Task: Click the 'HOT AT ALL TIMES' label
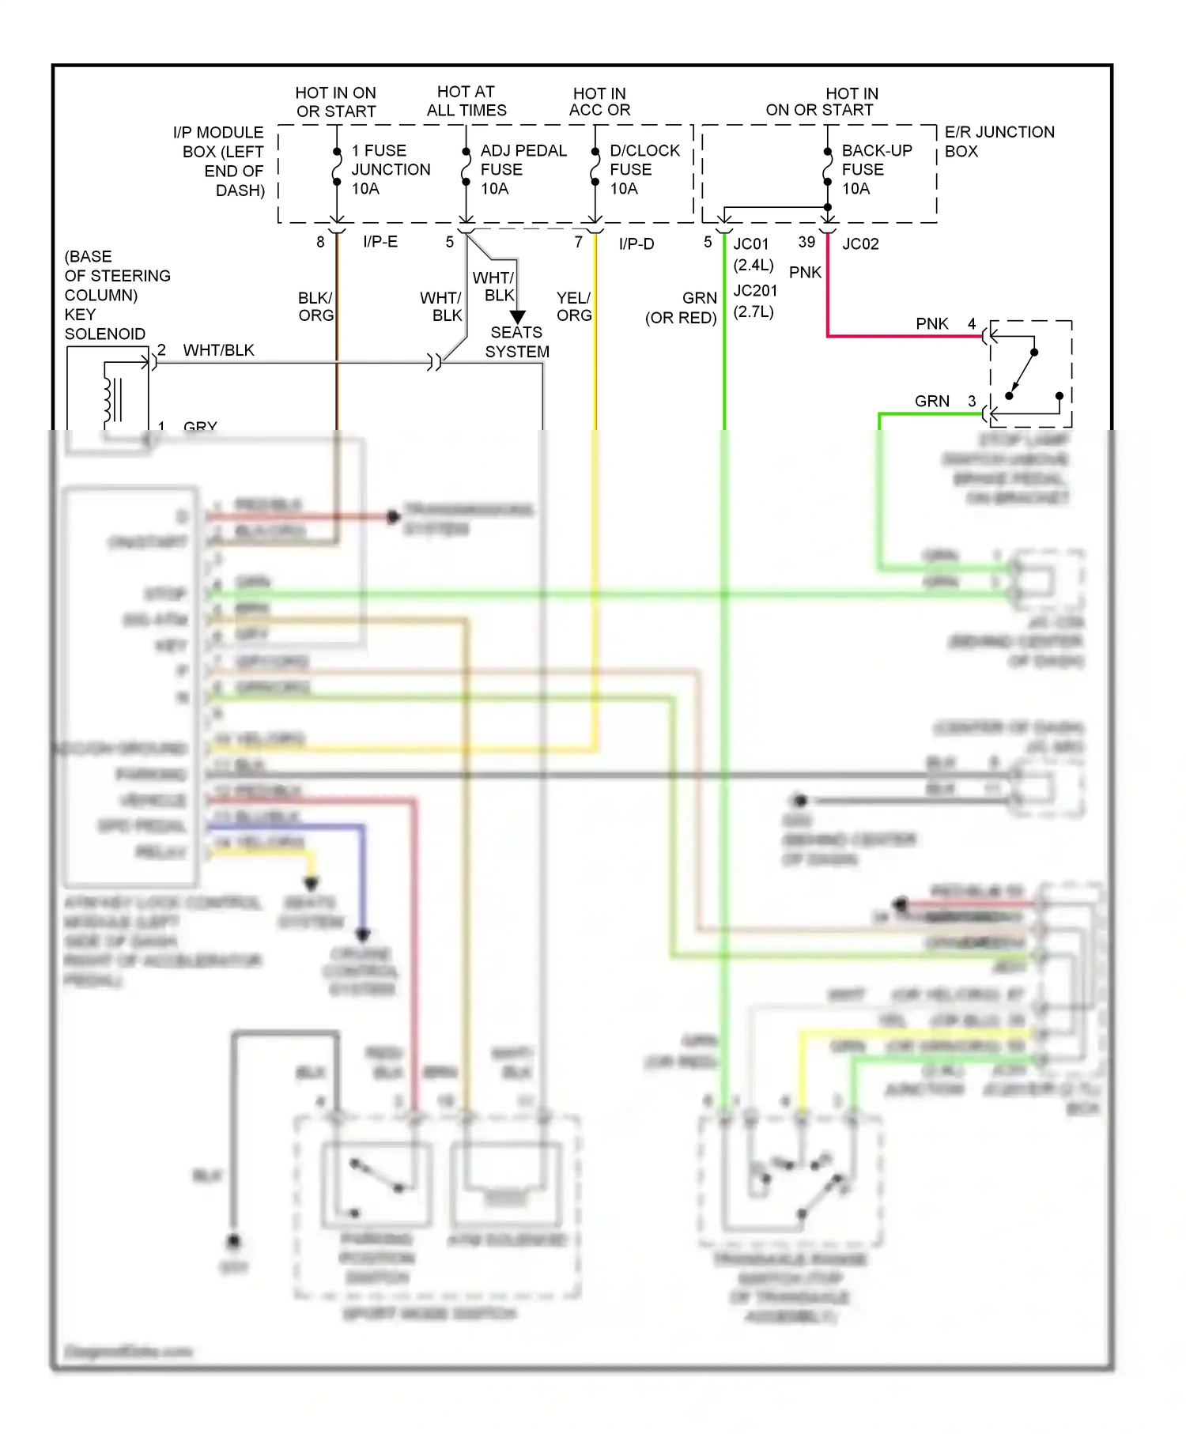coord(466,101)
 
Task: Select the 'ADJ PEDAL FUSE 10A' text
coord(523,169)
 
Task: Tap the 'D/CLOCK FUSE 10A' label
coord(644,169)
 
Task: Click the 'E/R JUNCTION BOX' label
coord(999,142)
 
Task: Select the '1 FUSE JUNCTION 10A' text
coord(390,169)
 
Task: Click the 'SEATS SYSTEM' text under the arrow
coord(516,342)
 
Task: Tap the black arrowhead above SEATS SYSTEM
coord(518,317)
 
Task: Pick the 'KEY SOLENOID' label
coord(104,324)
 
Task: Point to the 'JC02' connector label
coord(860,244)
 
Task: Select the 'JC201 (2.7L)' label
coord(754,301)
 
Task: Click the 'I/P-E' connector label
coord(380,242)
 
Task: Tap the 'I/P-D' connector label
coord(636,244)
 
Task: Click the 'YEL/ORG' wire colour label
coord(573,307)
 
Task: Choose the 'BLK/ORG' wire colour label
coord(315,307)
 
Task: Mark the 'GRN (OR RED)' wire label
coord(682,308)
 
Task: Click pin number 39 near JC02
coord(806,242)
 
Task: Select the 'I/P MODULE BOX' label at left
coord(219,161)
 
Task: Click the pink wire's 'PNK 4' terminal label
coord(946,324)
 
